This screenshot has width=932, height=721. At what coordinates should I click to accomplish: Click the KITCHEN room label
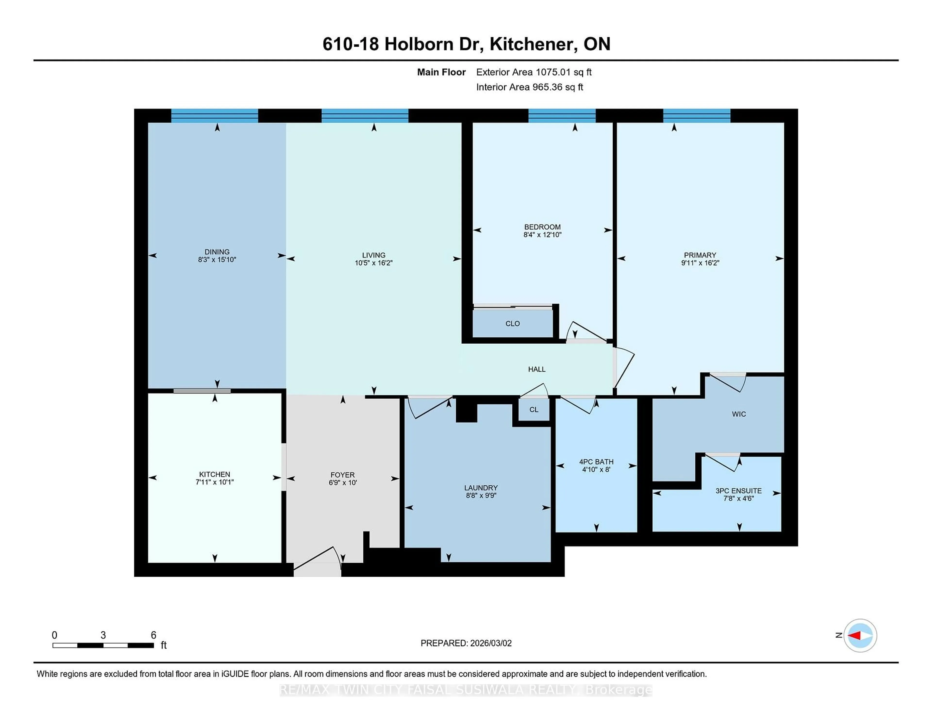point(214,474)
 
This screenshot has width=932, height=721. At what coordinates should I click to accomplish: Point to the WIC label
point(739,414)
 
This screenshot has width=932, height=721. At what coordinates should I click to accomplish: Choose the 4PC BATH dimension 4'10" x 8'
point(596,469)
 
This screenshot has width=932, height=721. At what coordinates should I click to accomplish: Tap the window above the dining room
point(215,116)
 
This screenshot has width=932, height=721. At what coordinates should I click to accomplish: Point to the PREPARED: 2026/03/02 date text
point(466,643)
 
